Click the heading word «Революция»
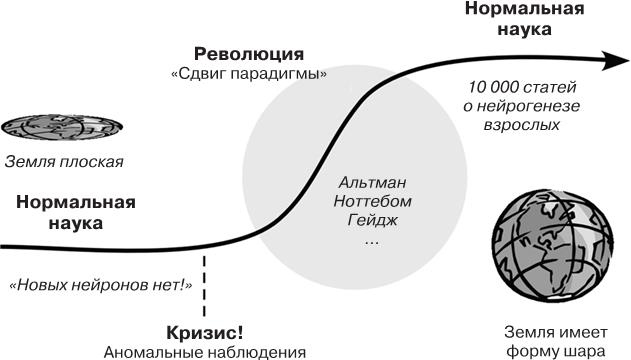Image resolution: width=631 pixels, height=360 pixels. [248, 53]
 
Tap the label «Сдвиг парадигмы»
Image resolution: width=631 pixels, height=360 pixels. [249, 74]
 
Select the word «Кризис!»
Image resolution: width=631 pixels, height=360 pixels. [204, 332]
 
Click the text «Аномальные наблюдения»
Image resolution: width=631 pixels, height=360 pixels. [204, 351]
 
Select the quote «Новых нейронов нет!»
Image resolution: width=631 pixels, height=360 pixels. [99, 284]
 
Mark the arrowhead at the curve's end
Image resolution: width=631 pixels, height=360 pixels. [609, 61]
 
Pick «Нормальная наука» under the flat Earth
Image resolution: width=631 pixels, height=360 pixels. [75, 212]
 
